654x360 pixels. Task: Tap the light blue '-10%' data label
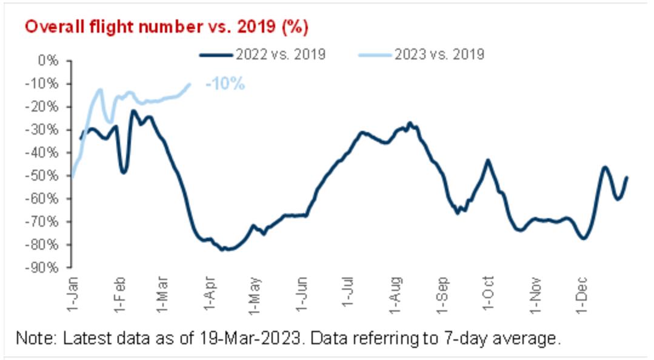pyautogui.click(x=225, y=84)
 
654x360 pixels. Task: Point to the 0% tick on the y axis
pyautogui.click(x=47, y=61)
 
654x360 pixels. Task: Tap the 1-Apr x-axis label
pyautogui.click(x=209, y=293)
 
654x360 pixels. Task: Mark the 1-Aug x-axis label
pyautogui.click(x=395, y=293)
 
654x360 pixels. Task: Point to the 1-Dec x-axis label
pyautogui.click(x=581, y=293)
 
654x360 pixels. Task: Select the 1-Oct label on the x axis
pyautogui.click(x=489, y=293)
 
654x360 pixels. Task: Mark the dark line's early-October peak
pyautogui.click(x=488, y=160)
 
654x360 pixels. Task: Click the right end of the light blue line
pyautogui.click(x=190, y=84)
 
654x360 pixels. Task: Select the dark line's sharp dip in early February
pyautogui.click(x=124, y=172)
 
